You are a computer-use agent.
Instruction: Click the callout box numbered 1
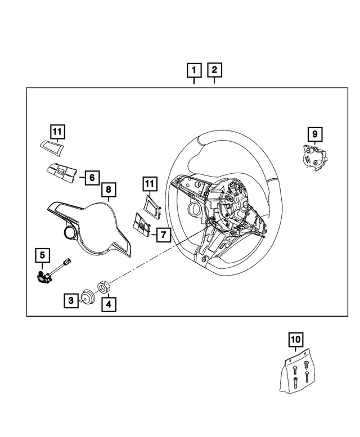pyautogui.click(x=193, y=71)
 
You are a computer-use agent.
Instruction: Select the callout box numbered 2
pyautogui.click(x=214, y=71)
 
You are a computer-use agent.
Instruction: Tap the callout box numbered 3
pyautogui.click(x=71, y=301)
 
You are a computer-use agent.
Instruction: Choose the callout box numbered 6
pyautogui.click(x=91, y=178)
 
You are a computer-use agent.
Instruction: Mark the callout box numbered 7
pyautogui.click(x=162, y=234)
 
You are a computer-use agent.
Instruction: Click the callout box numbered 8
pyautogui.click(x=108, y=191)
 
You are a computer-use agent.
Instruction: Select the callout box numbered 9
pyautogui.click(x=314, y=134)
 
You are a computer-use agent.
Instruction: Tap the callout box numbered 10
pyautogui.click(x=295, y=340)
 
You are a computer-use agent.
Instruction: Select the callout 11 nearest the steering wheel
pyautogui.click(x=148, y=184)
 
